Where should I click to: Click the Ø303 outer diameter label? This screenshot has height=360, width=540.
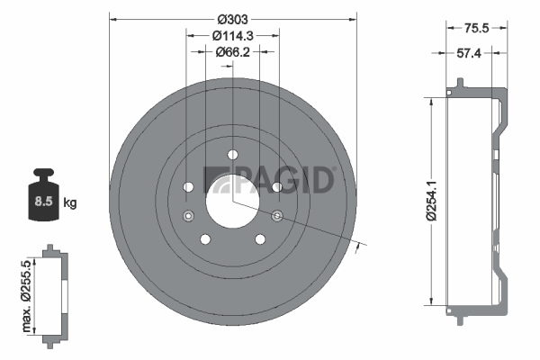pyautogui.click(x=232, y=19)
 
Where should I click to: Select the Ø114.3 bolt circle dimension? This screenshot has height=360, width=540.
pyautogui.click(x=233, y=35)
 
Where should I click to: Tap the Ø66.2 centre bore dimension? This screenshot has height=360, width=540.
pyautogui.click(x=232, y=52)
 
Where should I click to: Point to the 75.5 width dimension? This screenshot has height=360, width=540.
pyautogui.click(x=476, y=28)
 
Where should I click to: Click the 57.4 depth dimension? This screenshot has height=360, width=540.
pyautogui.click(x=468, y=53)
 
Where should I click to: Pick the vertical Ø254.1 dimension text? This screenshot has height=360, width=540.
pyautogui.click(x=431, y=201)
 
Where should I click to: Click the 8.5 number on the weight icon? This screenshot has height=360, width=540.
pyautogui.click(x=43, y=202)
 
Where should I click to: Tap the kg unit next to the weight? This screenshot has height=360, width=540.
pyautogui.click(x=70, y=202)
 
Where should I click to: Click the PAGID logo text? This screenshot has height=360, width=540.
pyautogui.click(x=268, y=180)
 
